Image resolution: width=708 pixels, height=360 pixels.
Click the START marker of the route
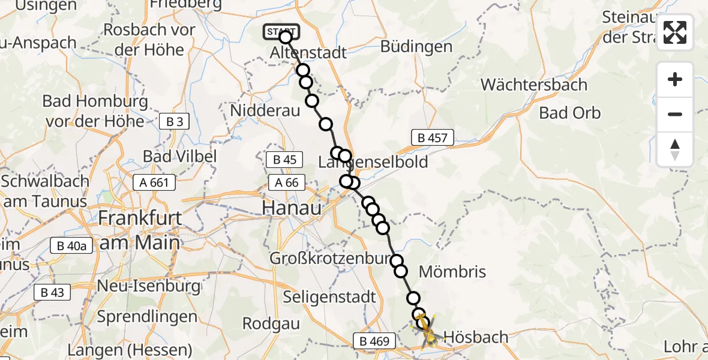pos(281,31)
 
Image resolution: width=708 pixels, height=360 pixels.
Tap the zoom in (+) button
pos(675,79)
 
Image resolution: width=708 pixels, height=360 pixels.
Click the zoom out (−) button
pos(675,115)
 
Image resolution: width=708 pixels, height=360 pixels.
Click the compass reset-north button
pos(675,149)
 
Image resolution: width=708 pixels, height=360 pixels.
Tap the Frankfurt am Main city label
pos(140,229)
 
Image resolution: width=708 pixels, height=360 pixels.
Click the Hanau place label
pos(291,208)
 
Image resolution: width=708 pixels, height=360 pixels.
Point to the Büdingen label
pos(416,47)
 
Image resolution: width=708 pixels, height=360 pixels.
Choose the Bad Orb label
pos(569,113)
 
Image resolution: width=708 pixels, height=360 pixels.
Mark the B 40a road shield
pos(71,245)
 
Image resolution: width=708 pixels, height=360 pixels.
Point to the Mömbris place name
pos(452,272)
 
